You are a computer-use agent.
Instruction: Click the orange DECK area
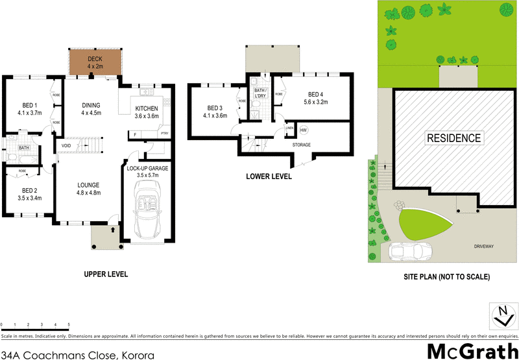95,62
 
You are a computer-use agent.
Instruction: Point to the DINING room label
91,105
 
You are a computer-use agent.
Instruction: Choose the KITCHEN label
146,108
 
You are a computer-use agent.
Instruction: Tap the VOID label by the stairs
66,145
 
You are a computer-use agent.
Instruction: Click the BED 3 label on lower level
215,108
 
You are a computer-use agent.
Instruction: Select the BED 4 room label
316,94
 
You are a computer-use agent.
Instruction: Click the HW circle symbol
304,130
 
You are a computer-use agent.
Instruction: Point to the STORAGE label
301,145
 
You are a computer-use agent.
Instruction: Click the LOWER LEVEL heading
268,176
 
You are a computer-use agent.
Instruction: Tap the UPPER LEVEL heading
106,274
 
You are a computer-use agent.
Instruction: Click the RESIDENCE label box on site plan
454,138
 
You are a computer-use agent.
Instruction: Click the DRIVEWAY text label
485,246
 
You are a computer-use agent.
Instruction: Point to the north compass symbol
501,315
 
